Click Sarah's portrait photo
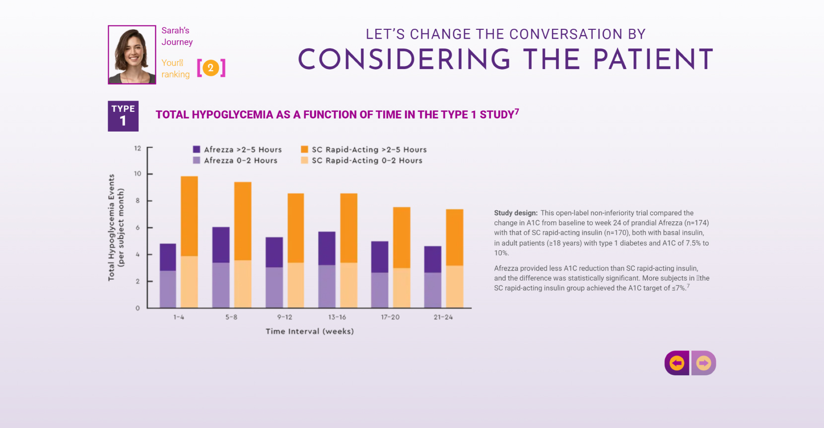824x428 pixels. pyautogui.click(x=132, y=55)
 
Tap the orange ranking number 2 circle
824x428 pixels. pyautogui.click(x=210, y=68)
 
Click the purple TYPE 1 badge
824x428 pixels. pyautogui.click(x=123, y=116)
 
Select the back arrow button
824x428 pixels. pyautogui.click(x=677, y=363)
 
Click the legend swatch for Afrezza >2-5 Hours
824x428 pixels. pyautogui.click(x=197, y=149)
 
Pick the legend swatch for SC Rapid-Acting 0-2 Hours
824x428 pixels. pyautogui.click(x=304, y=160)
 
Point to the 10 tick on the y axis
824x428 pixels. pyautogui.click(x=137, y=174)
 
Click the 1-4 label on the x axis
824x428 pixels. pyautogui.click(x=179, y=317)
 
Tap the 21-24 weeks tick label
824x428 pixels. pyautogui.click(x=443, y=317)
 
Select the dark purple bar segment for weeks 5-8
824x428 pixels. pyautogui.click(x=221, y=245)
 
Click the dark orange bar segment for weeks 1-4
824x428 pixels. pyautogui.click(x=189, y=216)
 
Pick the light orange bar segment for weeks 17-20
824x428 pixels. pyautogui.click(x=402, y=288)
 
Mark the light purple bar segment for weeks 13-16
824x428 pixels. pyautogui.click(x=327, y=286)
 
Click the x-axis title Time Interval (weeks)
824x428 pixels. pyautogui.click(x=310, y=331)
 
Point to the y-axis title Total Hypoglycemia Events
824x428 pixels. pyautogui.click(x=112, y=227)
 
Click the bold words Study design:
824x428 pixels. pyautogui.click(x=515, y=213)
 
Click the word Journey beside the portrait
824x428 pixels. pyautogui.click(x=177, y=42)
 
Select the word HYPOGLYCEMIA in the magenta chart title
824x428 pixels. pyautogui.click(x=233, y=115)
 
